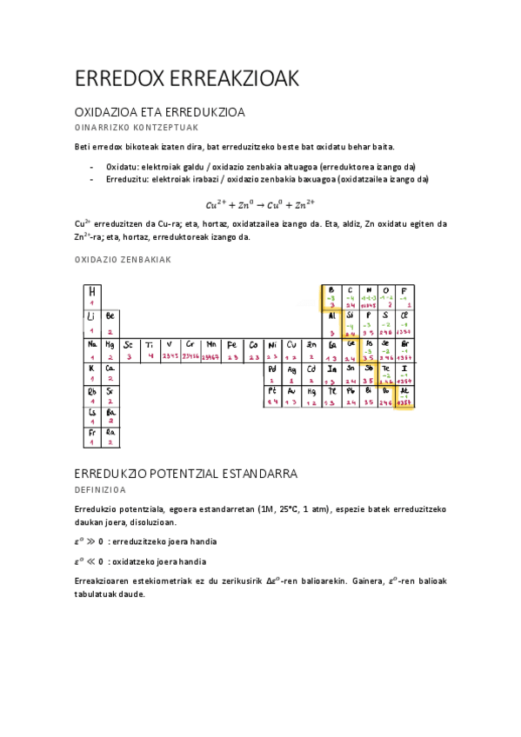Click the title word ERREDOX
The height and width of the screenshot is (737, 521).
coord(112,78)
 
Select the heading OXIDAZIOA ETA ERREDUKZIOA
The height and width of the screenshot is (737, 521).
coord(160,113)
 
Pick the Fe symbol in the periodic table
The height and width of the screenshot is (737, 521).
coord(231,343)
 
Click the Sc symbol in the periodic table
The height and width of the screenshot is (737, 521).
coord(129,343)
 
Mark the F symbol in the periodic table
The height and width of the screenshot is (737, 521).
coord(404,290)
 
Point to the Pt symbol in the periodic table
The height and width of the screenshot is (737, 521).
coord(271,390)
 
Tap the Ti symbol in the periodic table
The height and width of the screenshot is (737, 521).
coord(150,343)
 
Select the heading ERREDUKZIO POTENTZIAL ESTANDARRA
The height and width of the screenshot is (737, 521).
coord(187,474)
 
